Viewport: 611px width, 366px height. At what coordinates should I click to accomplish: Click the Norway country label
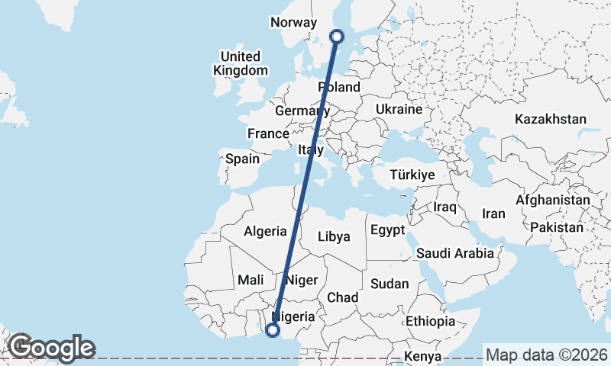pyautogui.click(x=293, y=23)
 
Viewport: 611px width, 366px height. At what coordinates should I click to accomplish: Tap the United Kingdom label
pyautogui.click(x=241, y=63)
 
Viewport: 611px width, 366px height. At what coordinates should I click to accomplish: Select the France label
pyautogui.click(x=268, y=134)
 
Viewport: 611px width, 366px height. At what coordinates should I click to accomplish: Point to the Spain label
pyautogui.click(x=243, y=160)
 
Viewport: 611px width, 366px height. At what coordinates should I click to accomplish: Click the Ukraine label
pyautogui.click(x=399, y=110)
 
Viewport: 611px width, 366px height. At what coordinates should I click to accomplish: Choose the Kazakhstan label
pyautogui.click(x=551, y=120)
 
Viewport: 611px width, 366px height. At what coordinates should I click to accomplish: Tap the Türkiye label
pyautogui.click(x=412, y=175)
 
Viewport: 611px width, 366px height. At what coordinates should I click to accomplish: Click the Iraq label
pyautogui.click(x=445, y=207)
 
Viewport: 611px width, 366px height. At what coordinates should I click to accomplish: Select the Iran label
pyautogui.click(x=493, y=214)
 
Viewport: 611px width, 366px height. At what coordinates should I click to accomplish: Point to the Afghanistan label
pyautogui.click(x=553, y=201)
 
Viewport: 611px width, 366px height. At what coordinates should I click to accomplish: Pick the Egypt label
pyautogui.click(x=386, y=230)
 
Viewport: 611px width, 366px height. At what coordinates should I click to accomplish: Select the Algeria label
pyautogui.click(x=265, y=232)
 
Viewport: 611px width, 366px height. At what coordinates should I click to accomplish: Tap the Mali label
pyautogui.click(x=251, y=281)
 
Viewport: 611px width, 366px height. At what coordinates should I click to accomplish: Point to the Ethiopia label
pyautogui.click(x=431, y=321)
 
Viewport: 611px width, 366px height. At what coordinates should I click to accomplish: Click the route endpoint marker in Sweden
pyautogui.click(x=336, y=35)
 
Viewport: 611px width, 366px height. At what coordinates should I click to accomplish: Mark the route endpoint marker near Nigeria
pyautogui.click(x=272, y=330)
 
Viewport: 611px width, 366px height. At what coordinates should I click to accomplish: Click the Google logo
pyautogui.click(x=52, y=348)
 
